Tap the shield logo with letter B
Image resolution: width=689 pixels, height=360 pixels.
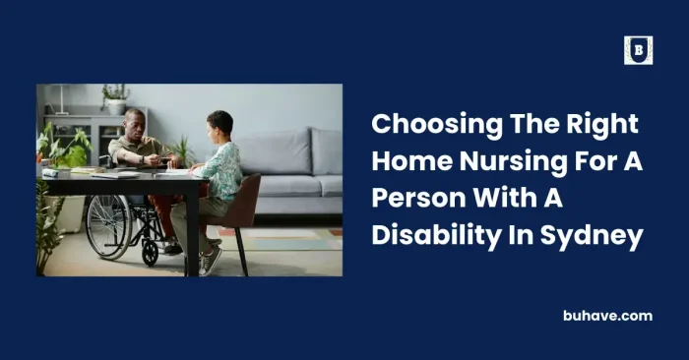click(x=638, y=50)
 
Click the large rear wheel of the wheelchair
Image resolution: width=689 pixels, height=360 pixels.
click(x=108, y=225)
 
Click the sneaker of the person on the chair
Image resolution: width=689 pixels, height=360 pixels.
click(x=211, y=260)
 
